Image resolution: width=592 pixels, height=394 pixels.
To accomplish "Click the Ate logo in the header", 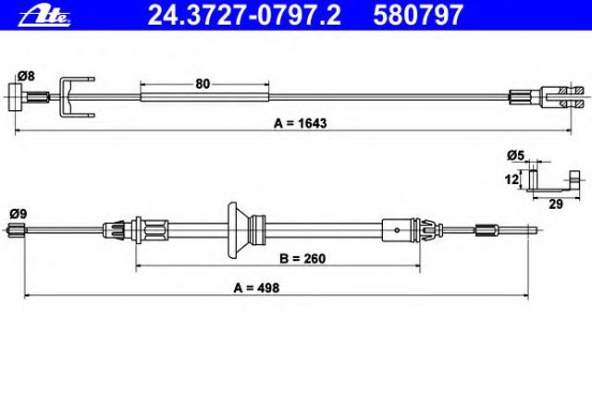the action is (44, 17).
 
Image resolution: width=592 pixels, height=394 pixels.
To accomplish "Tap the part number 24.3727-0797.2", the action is (244, 15).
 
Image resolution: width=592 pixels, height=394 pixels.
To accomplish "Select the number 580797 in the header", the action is (418, 15).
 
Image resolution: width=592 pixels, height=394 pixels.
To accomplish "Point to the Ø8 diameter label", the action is (26, 76).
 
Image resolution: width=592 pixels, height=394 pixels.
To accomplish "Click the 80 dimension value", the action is (203, 84).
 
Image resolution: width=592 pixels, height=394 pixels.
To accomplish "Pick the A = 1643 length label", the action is (300, 123).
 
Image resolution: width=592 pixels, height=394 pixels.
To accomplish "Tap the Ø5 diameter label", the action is (516, 155).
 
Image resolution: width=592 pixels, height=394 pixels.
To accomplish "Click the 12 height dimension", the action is (512, 179).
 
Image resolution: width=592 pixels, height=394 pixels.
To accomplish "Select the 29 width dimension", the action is (555, 204).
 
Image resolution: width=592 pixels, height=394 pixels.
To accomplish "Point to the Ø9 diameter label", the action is (18, 214).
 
